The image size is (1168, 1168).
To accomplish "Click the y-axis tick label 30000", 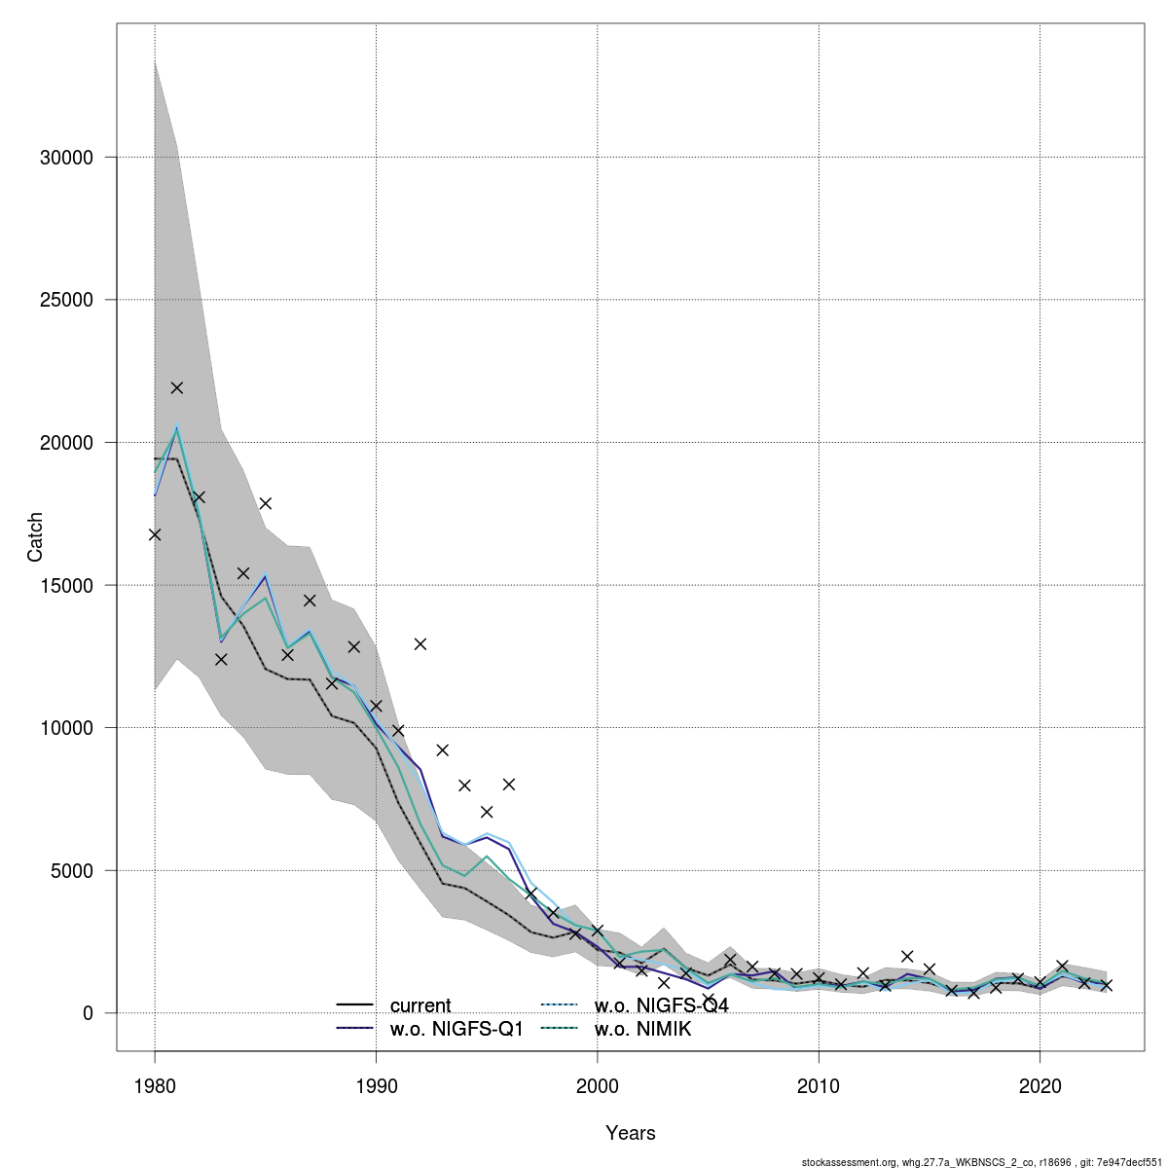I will (65, 158).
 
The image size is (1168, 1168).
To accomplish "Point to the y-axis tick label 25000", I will (65, 300).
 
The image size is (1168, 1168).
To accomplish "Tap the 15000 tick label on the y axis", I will (65, 586).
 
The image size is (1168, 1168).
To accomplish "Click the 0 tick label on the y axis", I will (87, 1013).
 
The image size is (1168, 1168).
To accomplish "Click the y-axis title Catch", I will (35, 536).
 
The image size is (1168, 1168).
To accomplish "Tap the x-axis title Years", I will (631, 1133).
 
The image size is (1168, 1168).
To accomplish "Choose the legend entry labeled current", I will (420, 1005).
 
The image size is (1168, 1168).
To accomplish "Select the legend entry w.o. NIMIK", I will (642, 1029).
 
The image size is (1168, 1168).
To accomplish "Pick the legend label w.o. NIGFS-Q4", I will (661, 1005).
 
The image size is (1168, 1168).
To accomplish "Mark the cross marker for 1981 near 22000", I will (177, 387).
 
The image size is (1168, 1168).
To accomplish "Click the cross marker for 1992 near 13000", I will (420, 643).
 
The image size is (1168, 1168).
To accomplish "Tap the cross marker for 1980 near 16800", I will (155, 534).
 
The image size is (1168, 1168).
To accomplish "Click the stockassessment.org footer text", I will (982, 1162).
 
